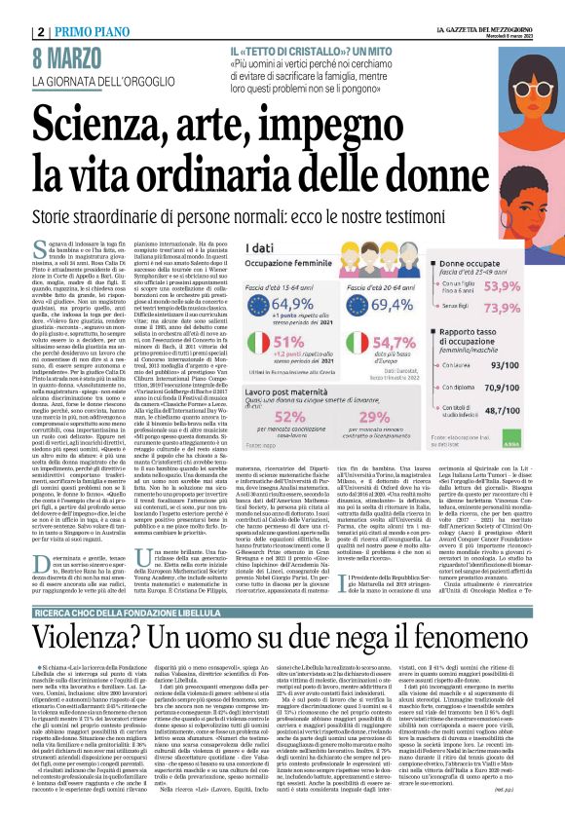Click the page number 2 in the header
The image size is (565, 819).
13,10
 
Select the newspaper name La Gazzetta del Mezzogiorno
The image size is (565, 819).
488,10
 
